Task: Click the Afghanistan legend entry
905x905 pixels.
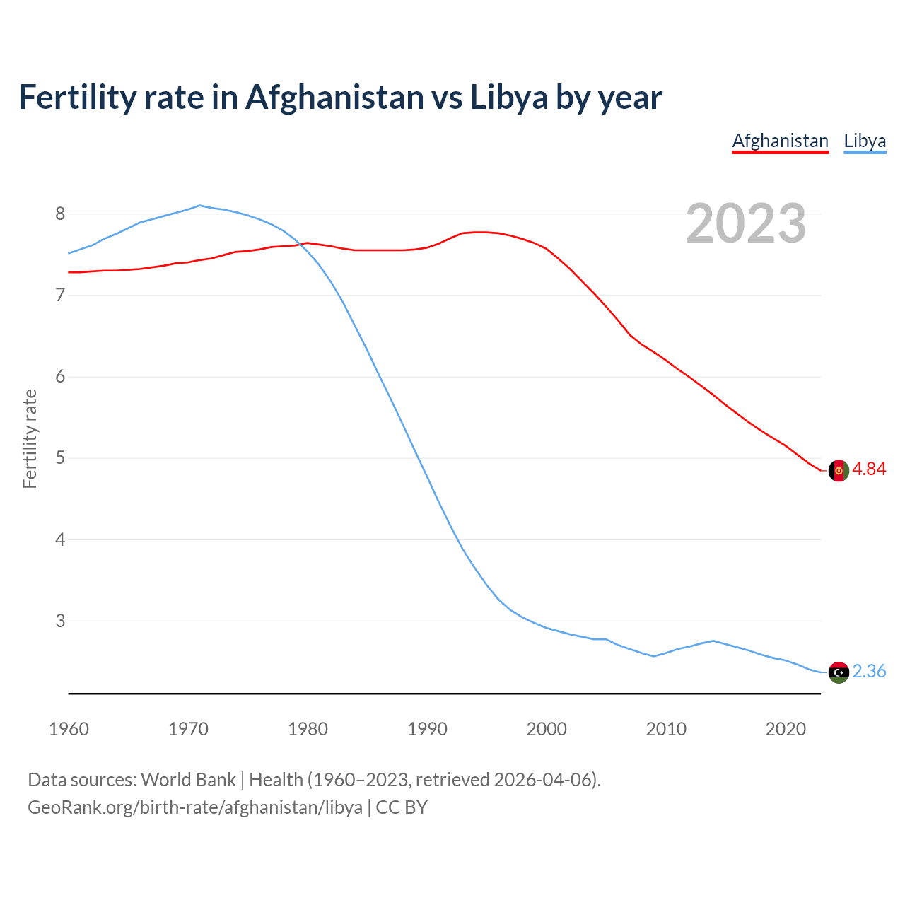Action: pyautogui.click(x=780, y=141)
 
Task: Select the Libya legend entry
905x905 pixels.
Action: pyautogui.click(x=865, y=141)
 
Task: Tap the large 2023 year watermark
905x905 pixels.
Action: pyautogui.click(x=745, y=223)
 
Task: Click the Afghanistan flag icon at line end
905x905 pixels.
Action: pyautogui.click(x=839, y=470)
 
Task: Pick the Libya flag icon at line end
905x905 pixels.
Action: pyautogui.click(x=839, y=672)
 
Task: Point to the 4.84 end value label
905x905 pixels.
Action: pyautogui.click(x=869, y=469)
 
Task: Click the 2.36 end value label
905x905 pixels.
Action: pyautogui.click(x=869, y=672)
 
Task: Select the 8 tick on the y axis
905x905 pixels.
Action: pyautogui.click(x=60, y=214)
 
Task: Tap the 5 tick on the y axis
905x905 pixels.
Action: pyautogui.click(x=60, y=458)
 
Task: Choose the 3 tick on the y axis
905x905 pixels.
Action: pyautogui.click(x=60, y=621)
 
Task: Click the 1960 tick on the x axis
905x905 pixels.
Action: pyautogui.click(x=69, y=729)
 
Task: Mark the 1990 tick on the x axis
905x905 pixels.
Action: pyautogui.click(x=427, y=729)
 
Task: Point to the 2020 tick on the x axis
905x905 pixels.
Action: pyautogui.click(x=786, y=729)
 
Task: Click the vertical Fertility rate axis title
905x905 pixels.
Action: pyautogui.click(x=30, y=438)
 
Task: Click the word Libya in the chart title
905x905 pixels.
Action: pyautogui.click(x=509, y=98)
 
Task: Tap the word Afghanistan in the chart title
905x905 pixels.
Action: pyautogui.click(x=334, y=98)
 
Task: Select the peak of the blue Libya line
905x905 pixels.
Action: pyautogui.click(x=199, y=206)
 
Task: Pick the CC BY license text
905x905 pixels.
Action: pyautogui.click(x=402, y=807)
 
